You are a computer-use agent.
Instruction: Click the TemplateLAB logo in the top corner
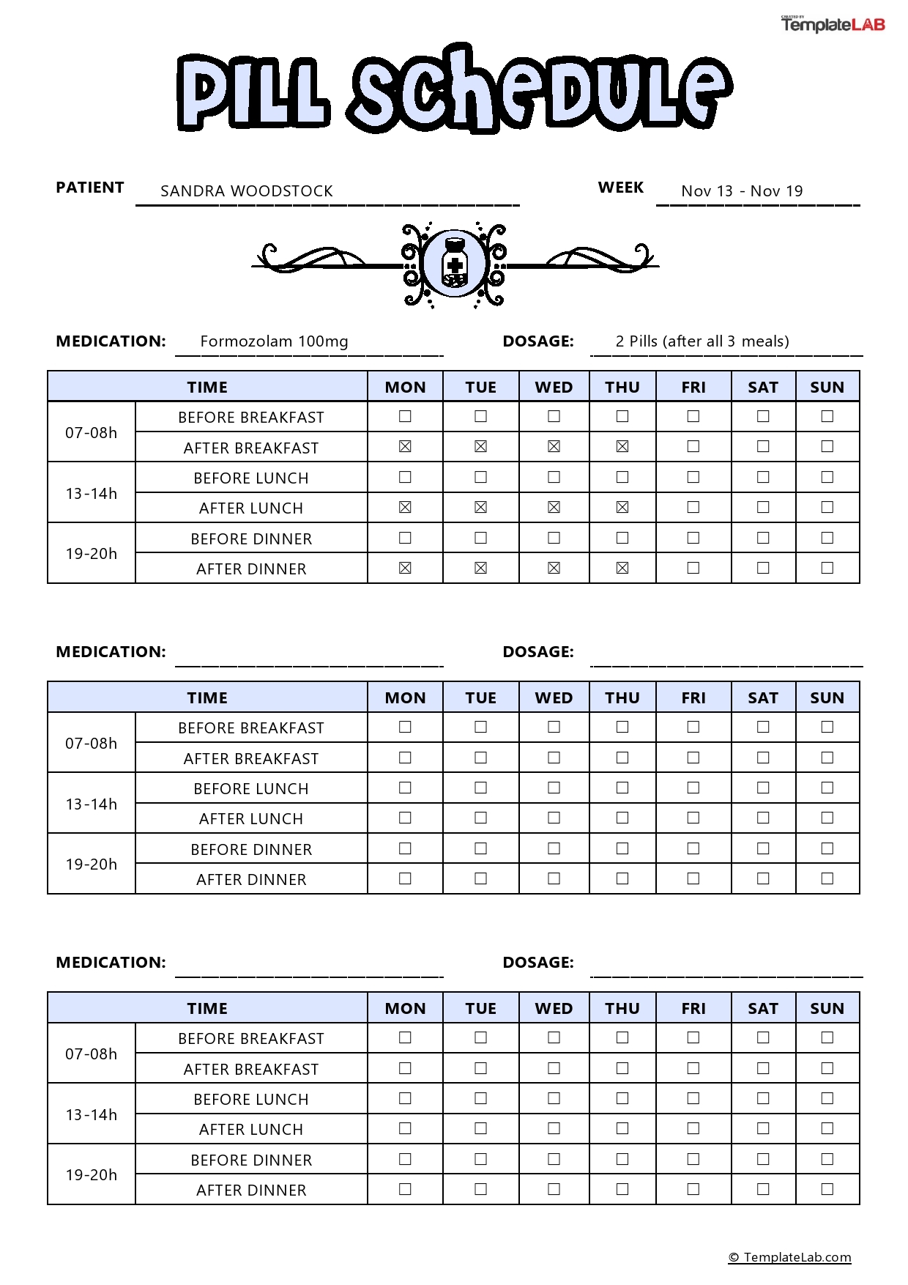[x=833, y=24]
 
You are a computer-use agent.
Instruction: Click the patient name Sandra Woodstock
[x=246, y=191]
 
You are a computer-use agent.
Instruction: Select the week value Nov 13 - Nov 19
[x=742, y=191]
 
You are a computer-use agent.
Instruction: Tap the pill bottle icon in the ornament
[x=455, y=263]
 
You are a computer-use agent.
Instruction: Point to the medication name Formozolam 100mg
[x=274, y=341]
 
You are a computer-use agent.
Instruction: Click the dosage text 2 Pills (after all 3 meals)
[x=702, y=341]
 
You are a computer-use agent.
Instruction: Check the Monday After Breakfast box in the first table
[x=405, y=447]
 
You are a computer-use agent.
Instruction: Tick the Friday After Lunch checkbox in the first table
[x=693, y=507]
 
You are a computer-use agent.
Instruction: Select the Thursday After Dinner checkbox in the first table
[x=622, y=568]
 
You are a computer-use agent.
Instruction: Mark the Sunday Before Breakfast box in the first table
[x=827, y=416]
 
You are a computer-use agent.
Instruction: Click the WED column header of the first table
[x=554, y=387]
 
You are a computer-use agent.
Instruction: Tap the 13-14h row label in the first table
[x=92, y=493]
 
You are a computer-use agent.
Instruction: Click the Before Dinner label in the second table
[x=251, y=849]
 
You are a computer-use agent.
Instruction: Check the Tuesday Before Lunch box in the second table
[x=480, y=788]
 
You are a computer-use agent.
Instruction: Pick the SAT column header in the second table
[x=763, y=697]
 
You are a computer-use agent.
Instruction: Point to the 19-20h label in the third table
[x=92, y=1174]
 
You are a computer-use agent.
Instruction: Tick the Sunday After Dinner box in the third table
[x=827, y=1189]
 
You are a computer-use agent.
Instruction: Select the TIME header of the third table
[x=207, y=1008]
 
